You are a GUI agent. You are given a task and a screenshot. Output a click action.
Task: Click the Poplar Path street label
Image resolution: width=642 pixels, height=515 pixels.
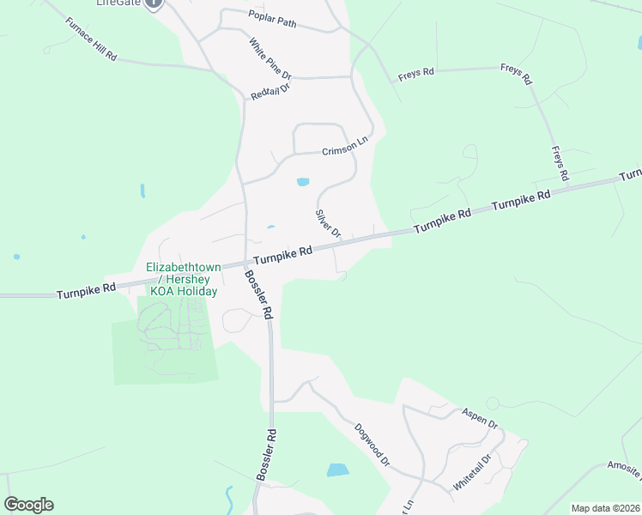272,20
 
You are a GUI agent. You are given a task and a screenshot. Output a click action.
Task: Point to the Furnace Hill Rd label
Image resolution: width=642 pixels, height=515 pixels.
90,38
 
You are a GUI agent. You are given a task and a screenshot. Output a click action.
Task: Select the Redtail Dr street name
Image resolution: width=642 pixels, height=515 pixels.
270,91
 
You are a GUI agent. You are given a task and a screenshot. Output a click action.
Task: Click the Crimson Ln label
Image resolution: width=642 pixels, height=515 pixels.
344,150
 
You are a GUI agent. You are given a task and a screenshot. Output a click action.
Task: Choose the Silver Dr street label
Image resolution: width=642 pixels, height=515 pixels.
328,223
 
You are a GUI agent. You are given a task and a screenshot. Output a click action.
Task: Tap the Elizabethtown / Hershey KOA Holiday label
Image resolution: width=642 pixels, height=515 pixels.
182,279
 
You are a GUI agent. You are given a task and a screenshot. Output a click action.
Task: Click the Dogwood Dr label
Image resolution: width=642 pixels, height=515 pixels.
372,444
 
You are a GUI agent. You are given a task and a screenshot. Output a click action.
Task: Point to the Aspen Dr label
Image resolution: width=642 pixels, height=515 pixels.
480,418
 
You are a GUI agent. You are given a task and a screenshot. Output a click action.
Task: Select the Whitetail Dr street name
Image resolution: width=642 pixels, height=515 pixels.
473,471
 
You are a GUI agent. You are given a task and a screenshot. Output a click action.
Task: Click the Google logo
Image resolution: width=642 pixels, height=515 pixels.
28,505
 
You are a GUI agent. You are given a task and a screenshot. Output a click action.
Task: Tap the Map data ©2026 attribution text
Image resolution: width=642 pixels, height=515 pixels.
605,508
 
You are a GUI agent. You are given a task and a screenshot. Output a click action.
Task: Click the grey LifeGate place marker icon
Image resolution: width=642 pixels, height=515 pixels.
154,3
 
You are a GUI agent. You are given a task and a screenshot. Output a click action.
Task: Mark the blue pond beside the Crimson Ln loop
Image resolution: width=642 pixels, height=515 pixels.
302,182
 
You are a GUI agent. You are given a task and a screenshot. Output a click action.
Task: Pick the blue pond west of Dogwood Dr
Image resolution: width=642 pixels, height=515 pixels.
337,470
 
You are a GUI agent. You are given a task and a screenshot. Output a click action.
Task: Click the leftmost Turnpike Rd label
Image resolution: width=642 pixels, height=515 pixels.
86,291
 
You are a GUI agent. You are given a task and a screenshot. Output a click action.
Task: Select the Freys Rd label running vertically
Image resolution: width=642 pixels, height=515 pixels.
560,163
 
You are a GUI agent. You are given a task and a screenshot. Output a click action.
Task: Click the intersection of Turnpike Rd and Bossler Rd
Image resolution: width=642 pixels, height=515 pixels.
247,262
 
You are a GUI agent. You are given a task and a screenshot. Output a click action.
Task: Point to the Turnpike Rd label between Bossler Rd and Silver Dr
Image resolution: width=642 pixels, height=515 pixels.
282,254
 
